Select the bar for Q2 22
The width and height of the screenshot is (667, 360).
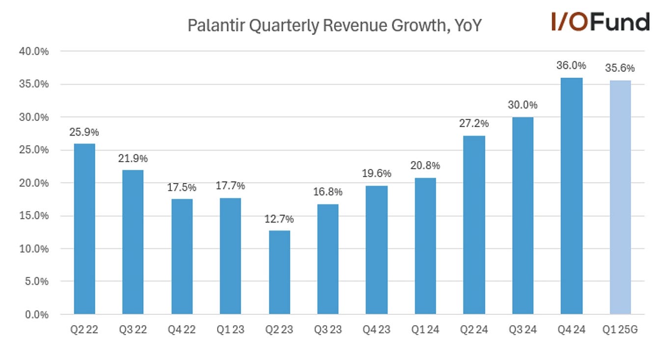click(84, 229)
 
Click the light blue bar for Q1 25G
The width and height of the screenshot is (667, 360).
click(620, 197)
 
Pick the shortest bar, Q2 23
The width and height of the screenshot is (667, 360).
click(279, 272)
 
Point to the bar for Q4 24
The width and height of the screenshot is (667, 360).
click(571, 196)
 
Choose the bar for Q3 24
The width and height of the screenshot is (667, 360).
click(523, 216)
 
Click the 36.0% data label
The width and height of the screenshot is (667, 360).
click(571, 65)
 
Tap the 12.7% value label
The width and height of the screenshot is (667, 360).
click(279, 219)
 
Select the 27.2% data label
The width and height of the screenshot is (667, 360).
click(474, 123)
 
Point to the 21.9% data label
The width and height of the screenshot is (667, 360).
click(133, 159)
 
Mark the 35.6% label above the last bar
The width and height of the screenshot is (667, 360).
click(620, 68)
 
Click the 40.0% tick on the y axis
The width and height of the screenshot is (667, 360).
click(34, 51)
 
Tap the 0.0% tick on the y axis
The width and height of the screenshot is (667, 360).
click(36, 314)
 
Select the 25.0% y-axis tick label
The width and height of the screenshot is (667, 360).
click(34, 150)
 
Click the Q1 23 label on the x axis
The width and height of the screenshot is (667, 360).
click(230, 330)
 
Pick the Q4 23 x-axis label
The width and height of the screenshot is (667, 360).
click(377, 330)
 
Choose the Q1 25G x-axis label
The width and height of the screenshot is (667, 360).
click(620, 330)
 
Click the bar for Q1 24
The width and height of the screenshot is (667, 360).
click(425, 246)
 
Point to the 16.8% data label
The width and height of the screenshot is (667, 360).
click(328, 192)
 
